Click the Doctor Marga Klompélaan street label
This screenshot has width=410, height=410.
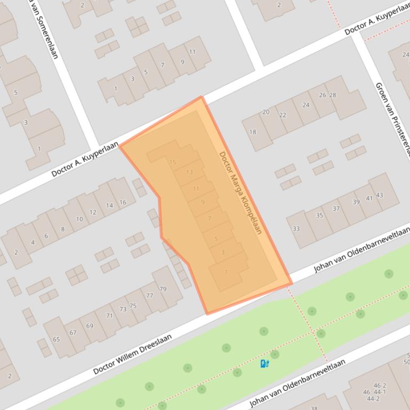[241, 193]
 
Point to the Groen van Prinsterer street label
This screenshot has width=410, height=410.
[393, 117]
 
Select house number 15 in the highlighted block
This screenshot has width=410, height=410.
[172, 162]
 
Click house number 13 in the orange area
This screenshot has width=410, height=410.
[189, 172]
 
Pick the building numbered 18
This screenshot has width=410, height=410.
[253, 132]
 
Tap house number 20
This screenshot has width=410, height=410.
[266, 112]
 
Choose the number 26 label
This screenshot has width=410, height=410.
[323, 95]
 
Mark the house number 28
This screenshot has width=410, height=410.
[333, 95]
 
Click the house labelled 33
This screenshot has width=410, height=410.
[296, 229]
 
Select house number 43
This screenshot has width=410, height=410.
[380, 195]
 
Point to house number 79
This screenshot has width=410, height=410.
[163, 289]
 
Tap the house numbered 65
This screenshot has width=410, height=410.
[56, 339]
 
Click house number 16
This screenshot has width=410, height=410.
[123, 202]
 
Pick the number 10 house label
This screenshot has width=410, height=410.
[79, 219]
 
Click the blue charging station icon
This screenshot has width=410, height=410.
[264, 364]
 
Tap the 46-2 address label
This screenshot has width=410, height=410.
[380, 386]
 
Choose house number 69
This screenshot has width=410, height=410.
[89, 326]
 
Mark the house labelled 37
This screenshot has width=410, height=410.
[336, 209]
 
